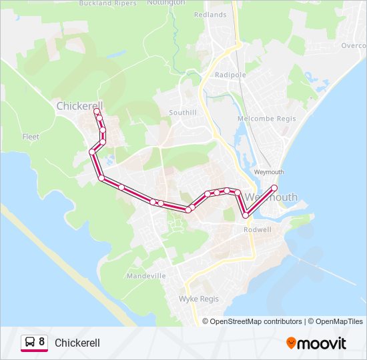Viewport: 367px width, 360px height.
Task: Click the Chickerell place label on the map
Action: (79, 106)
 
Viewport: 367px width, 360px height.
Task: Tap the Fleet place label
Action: (31, 137)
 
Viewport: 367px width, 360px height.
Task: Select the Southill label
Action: (183, 113)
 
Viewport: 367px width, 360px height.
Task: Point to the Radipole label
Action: (230, 75)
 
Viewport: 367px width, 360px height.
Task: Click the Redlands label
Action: (210, 14)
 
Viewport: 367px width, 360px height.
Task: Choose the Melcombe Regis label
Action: (262, 119)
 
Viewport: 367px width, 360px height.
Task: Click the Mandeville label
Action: (146, 275)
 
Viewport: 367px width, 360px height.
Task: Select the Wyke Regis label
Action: (199, 299)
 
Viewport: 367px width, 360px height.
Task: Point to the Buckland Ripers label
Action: (107, 3)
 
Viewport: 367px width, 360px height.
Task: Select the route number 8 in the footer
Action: (42, 342)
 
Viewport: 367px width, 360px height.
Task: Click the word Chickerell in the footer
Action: (77, 343)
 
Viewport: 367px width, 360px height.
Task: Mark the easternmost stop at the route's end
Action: (274, 187)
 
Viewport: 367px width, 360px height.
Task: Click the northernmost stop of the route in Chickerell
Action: (97, 111)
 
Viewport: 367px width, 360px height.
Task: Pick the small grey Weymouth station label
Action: (270, 172)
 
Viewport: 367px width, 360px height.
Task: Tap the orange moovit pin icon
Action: (292, 343)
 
